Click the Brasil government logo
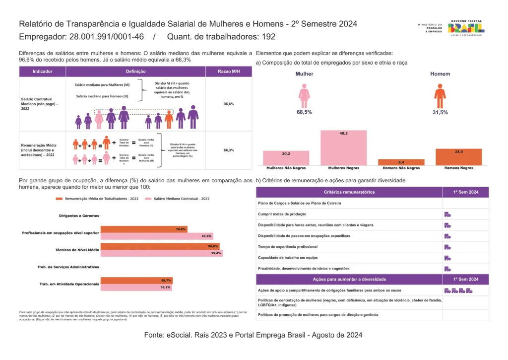(x=466, y=28)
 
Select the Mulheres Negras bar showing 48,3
(x=343, y=147)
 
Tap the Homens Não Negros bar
(x=401, y=162)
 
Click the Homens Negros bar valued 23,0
(x=458, y=157)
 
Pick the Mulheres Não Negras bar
(x=286, y=158)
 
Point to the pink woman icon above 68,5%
(x=304, y=95)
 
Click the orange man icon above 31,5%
(x=440, y=95)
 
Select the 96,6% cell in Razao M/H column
(x=229, y=104)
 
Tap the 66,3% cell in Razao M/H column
(x=229, y=150)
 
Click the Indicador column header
(x=42, y=72)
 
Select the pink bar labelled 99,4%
(x=161, y=253)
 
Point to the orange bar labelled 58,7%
(x=136, y=281)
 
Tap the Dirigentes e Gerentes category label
(x=75, y=216)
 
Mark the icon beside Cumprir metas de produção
(x=447, y=215)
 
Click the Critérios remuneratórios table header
(x=349, y=192)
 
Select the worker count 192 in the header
(x=268, y=37)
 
